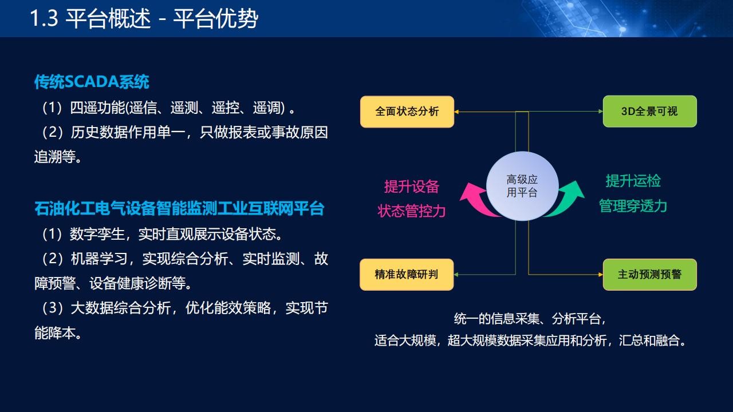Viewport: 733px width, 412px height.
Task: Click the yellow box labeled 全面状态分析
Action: (407, 112)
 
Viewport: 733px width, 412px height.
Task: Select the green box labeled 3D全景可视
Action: (650, 111)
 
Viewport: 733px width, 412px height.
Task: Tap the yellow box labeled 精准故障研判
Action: (407, 275)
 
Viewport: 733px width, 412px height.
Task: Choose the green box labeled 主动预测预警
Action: (650, 275)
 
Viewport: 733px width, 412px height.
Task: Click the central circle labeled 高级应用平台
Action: (522, 186)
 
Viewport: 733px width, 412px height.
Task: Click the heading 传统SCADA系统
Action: (92, 82)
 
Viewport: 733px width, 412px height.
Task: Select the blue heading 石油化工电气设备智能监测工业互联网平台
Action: (179, 209)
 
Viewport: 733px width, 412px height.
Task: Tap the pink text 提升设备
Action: (411, 187)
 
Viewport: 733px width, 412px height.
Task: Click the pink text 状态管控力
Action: (411, 211)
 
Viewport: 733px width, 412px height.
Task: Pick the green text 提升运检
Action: (633, 181)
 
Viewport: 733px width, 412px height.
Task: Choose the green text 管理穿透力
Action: (633, 206)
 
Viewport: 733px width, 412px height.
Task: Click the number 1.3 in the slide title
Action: (44, 18)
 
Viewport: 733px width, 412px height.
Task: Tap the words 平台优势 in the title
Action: (216, 19)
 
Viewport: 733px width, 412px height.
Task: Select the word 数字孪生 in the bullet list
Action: (97, 234)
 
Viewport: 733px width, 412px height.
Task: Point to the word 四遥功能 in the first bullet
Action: (97, 108)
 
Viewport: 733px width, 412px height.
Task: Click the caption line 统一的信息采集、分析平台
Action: (530, 319)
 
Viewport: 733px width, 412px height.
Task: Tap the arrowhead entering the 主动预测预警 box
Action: (601, 275)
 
